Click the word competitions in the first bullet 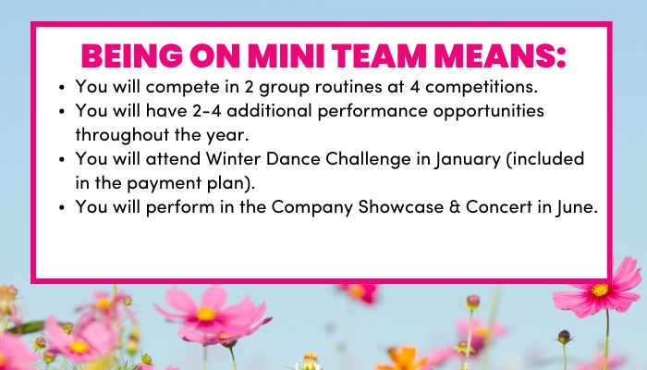(x=482, y=87)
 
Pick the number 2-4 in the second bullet (x=206, y=111)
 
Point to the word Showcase (x=400, y=207)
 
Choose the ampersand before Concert (x=455, y=207)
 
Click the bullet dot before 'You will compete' (x=62, y=88)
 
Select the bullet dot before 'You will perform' (x=62, y=207)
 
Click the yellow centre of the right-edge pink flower (x=600, y=290)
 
